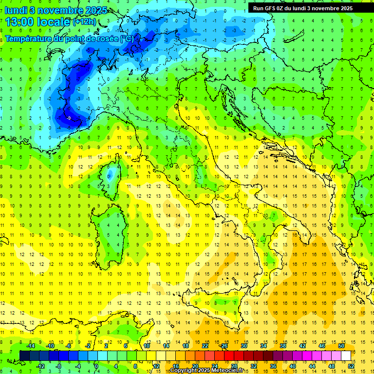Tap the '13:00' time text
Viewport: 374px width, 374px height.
click(x=20, y=22)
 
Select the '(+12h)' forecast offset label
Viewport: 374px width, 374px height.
click(x=85, y=22)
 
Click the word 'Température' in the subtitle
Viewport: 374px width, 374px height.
click(x=30, y=38)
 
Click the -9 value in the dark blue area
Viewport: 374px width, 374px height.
click(x=69, y=118)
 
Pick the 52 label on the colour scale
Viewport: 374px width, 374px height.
click(x=351, y=366)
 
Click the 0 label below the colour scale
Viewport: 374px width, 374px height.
click(x=96, y=366)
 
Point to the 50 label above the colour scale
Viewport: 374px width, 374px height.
click(x=341, y=346)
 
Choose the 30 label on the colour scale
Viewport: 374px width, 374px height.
click(x=244, y=346)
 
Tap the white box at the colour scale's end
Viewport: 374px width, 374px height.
click(x=346, y=355)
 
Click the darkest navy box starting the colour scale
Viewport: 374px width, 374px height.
click(x=24, y=355)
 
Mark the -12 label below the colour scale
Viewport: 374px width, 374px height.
click(x=40, y=366)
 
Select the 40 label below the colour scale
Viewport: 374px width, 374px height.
click(x=293, y=366)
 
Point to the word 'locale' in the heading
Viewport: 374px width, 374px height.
click(x=53, y=22)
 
